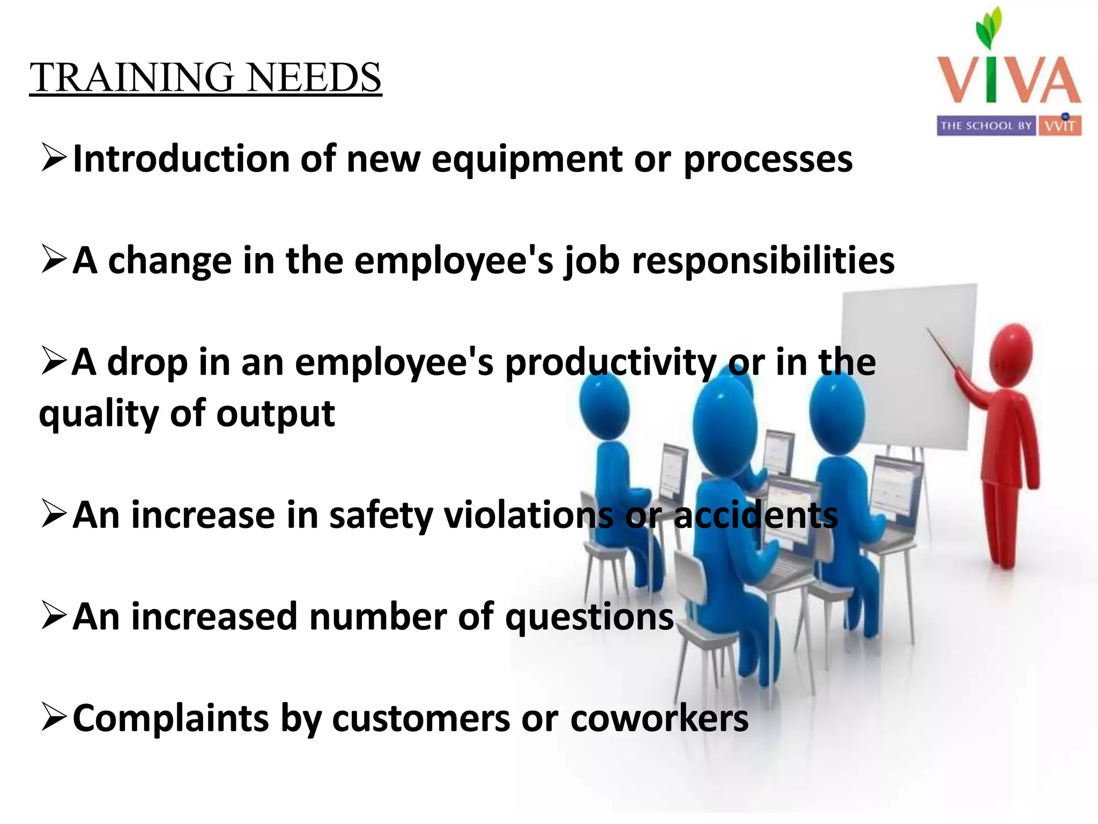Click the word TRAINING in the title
(x=132, y=78)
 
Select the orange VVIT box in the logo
(x=1060, y=126)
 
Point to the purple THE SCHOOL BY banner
(x=986, y=126)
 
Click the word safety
(x=381, y=516)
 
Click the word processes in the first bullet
(x=768, y=160)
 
